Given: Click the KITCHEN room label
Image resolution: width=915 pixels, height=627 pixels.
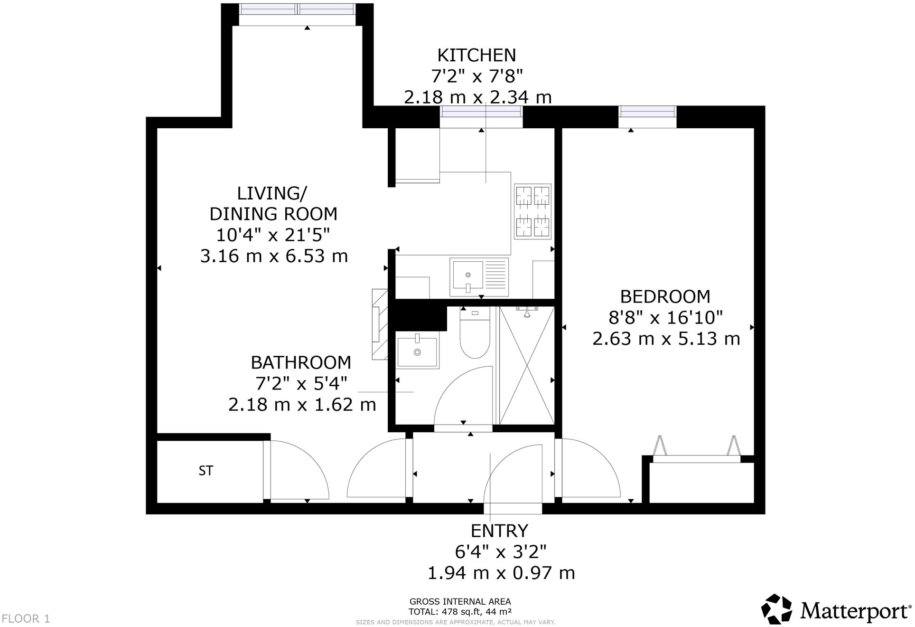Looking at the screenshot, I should pyautogui.click(x=476, y=56).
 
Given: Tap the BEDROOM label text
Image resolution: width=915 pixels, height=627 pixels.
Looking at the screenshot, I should pyautogui.click(x=665, y=297).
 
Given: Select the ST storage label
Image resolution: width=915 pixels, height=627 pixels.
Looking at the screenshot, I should pyautogui.click(x=206, y=471).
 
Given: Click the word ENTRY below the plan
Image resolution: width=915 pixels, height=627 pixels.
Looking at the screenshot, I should pyautogui.click(x=499, y=531).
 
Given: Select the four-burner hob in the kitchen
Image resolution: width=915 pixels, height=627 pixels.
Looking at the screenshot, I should pyautogui.click(x=532, y=211).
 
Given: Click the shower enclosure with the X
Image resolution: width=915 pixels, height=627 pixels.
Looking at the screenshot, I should pyautogui.click(x=527, y=366).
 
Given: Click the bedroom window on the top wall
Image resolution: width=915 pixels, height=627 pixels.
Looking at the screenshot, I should pyautogui.click(x=647, y=112).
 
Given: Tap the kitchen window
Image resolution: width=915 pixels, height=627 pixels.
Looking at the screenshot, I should pyautogui.click(x=481, y=112).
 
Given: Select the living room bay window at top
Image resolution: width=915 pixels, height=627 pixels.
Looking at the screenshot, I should pyautogui.click(x=298, y=9).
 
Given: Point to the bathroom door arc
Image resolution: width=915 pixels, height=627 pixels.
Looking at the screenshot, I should pyautogui.click(x=463, y=397).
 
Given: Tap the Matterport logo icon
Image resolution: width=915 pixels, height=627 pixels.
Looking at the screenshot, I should pyautogui.click(x=777, y=609).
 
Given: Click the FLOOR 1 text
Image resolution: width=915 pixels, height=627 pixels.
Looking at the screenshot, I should pyautogui.click(x=26, y=619).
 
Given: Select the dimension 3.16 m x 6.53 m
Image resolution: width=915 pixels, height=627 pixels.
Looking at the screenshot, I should pyautogui.click(x=274, y=256).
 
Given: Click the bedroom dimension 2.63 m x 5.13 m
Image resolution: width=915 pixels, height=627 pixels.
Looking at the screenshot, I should pyautogui.click(x=666, y=339).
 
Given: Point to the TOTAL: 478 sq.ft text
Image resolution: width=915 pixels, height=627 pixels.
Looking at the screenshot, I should pyautogui.click(x=460, y=612).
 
